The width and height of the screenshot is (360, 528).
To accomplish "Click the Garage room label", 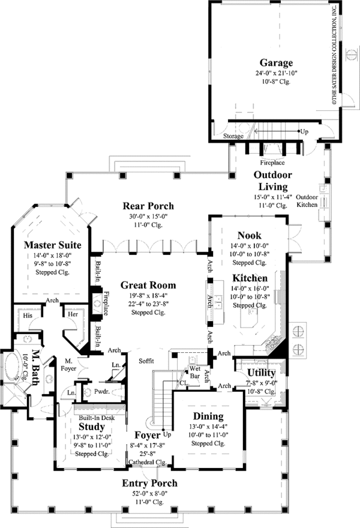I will tap(276, 62).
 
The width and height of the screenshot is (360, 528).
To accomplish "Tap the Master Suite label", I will tap(48, 245).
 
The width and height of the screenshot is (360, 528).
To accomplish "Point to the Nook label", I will tap(248, 236).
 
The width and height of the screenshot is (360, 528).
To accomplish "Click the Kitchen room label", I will tap(250, 278).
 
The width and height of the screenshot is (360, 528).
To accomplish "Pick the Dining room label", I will tap(208, 416).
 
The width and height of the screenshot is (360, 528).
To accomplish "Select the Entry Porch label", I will tap(149, 484).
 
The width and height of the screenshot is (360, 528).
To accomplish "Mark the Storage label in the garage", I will tap(233, 136).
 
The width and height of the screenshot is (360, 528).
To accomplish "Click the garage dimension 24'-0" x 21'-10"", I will tap(277, 73).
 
